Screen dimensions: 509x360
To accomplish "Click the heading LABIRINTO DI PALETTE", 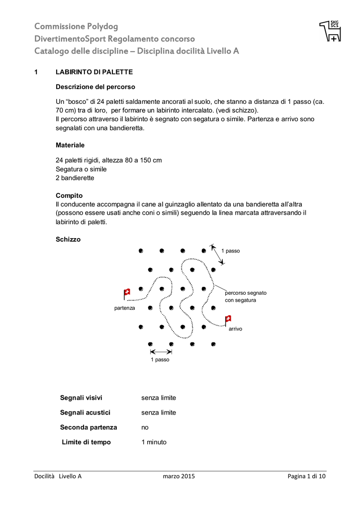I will click(93, 72).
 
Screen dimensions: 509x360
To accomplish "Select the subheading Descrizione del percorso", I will click(95, 87).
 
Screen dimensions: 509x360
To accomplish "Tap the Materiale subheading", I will click(70, 145).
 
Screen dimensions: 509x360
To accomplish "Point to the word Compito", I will click(69, 196).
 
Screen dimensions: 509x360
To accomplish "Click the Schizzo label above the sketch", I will click(68, 240).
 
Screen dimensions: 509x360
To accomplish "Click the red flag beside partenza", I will click(127, 293).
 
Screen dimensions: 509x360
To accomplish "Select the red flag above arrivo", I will click(228, 319).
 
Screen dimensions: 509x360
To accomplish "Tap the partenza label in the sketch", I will click(125, 308).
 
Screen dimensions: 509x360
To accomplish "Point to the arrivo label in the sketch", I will click(235, 329).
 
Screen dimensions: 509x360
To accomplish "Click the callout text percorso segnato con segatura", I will click(246, 296).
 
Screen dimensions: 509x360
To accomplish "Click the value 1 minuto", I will click(154, 442).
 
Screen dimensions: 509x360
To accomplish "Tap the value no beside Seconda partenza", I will click(145, 427).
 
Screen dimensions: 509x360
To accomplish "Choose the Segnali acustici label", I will click(86, 413).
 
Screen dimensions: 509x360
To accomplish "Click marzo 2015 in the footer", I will click(179, 476).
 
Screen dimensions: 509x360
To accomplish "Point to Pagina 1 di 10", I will click(306, 476).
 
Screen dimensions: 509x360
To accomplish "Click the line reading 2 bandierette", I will click(75, 177).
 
